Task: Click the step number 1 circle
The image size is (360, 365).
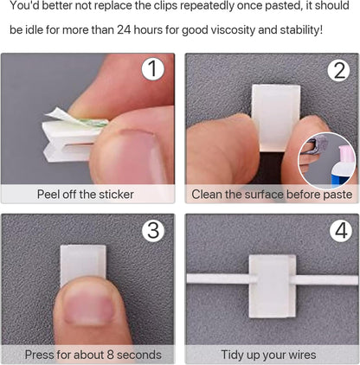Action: pos(153,69)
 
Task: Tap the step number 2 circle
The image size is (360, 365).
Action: pos(339,71)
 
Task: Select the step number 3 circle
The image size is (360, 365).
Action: pos(153,230)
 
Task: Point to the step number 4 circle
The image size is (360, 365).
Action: pos(341,230)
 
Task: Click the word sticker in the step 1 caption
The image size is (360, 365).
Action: pos(116,195)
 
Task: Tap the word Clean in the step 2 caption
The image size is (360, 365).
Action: pos(207,195)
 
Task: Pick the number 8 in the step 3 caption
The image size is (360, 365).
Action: pos(110,355)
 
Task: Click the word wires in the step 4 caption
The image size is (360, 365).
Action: pos(301,355)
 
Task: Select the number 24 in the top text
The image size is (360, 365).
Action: pos(124,29)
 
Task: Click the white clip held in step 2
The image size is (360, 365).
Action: pos(276,117)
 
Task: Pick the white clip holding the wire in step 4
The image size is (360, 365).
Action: pos(273,286)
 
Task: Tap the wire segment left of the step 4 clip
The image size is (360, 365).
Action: pos(218,279)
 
